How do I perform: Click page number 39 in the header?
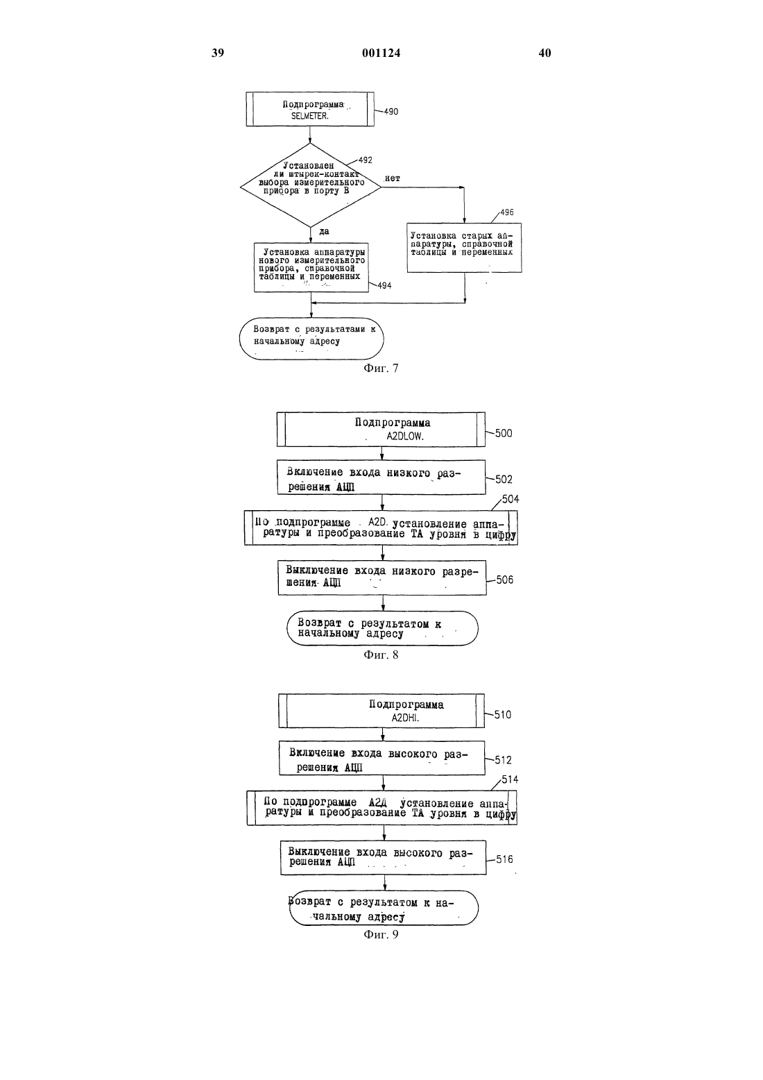[x=218, y=53]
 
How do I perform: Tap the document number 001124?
[x=381, y=53]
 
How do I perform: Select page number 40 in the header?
[x=545, y=53]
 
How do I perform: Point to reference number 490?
[x=391, y=112]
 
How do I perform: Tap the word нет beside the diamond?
[x=392, y=178]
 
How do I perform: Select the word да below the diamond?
[x=324, y=231]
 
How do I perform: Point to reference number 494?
[x=384, y=286]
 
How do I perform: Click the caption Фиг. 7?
[x=381, y=369]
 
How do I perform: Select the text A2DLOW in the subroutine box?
[x=405, y=437]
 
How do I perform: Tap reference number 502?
[x=504, y=479]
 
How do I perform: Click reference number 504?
[x=510, y=499]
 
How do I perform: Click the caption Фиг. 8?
[x=381, y=655]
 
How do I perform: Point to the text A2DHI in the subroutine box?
[x=405, y=718]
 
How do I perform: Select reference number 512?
[x=504, y=760]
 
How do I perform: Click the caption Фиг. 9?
[x=381, y=935]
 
